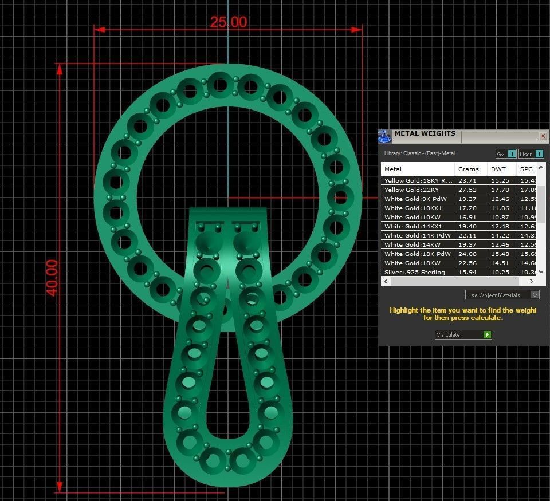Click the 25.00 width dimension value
[229, 22]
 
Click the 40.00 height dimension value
[52, 278]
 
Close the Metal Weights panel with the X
[543, 136]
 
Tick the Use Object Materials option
[535, 295]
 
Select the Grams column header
[468, 169]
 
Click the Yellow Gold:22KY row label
[412, 190]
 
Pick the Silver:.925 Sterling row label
[414, 272]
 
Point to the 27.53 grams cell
[467, 190]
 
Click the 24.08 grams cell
[467, 254]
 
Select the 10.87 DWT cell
[500, 217]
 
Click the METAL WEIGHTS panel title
[425, 134]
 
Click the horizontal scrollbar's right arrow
[532, 282]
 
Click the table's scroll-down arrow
[541, 272]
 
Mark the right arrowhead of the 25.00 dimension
[357, 29]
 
